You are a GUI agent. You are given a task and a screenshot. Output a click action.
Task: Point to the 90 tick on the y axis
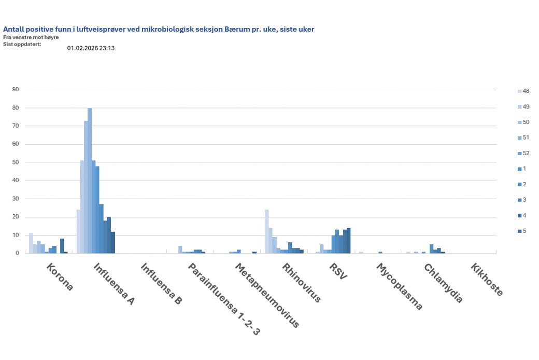(x=16, y=90)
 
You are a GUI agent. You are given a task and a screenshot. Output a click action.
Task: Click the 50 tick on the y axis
(x=16, y=162)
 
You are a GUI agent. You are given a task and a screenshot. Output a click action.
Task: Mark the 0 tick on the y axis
(x=17, y=253)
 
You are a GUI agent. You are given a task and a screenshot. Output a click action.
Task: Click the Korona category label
(x=60, y=278)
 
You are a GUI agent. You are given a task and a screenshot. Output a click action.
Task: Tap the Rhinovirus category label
(x=302, y=283)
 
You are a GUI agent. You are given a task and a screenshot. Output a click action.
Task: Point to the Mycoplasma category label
(x=399, y=287)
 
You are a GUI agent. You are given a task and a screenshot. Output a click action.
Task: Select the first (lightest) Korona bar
(x=31, y=244)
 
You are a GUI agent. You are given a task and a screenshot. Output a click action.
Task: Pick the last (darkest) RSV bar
(x=349, y=241)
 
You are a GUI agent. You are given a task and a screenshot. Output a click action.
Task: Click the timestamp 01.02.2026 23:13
(x=91, y=48)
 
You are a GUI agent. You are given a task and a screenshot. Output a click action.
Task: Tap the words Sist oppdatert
(x=22, y=44)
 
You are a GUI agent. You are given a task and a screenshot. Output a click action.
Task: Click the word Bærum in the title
(x=244, y=29)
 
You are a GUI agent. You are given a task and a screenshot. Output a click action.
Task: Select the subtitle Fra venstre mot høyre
(x=31, y=37)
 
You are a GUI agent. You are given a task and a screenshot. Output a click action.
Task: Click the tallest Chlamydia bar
(x=431, y=249)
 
